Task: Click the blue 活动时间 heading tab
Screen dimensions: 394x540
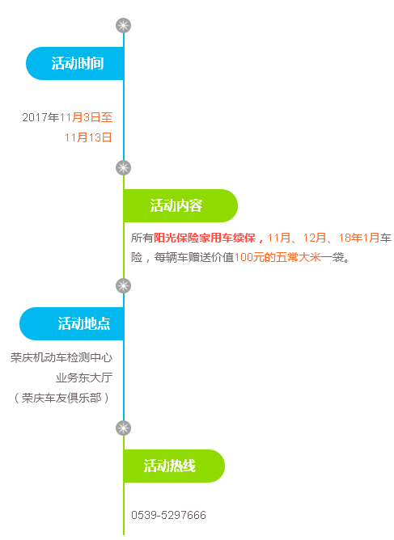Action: [74, 63]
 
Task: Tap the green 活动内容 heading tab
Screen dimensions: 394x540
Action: [180, 205]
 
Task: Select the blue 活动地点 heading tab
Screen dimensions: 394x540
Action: [72, 323]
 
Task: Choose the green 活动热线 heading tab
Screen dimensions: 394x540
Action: [174, 466]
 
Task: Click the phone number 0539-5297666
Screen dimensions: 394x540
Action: [168, 515]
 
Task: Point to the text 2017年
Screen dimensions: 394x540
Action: [40, 117]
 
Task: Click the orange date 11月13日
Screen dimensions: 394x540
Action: [88, 137]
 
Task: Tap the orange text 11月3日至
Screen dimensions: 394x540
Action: [87, 117]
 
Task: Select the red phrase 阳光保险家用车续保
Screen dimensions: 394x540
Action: [205, 238]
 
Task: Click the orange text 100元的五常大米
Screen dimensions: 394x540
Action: [277, 257]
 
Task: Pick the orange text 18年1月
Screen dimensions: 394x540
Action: [359, 238]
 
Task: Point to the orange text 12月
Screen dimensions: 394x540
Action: [315, 238]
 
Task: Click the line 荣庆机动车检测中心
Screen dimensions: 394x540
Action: [61, 358]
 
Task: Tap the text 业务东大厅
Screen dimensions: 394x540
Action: [84, 378]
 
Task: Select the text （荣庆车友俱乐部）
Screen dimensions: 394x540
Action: [61, 398]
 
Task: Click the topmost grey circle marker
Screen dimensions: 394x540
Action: [124, 26]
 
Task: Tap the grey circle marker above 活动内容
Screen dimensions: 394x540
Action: [124, 167]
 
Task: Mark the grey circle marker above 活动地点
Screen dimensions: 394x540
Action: [124, 286]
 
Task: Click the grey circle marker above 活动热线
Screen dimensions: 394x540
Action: [124, 428]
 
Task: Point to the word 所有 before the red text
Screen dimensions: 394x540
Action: [142, 238]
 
